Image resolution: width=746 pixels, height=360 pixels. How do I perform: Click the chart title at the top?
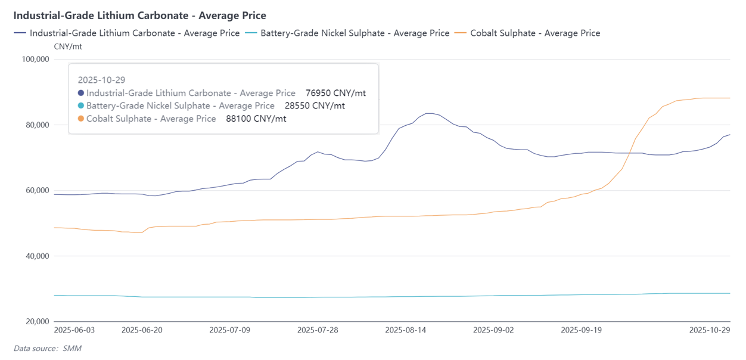click(139, 15)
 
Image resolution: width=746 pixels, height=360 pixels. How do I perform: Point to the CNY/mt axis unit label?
click(68, 46)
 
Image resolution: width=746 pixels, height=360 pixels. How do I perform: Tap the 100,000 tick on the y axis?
click(35, 60)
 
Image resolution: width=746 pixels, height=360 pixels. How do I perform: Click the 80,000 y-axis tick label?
click(36, 125)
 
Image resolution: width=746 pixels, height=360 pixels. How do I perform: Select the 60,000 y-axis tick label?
click(36, 191)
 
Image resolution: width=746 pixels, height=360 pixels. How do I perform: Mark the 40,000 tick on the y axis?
click(36, 256)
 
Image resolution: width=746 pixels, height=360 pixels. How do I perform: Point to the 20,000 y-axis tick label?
click(36, 322)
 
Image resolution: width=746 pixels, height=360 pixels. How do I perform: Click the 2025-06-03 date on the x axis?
click(74, 330)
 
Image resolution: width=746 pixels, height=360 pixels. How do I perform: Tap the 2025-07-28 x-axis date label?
click(318, 330)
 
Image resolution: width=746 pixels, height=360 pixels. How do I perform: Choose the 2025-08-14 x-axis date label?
click(406, 330)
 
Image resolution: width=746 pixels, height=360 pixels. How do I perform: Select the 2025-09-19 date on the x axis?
click(582, 330)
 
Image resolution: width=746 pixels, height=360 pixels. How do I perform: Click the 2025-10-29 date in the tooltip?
click(101, 80)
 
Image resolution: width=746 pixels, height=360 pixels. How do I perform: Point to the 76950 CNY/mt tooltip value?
click(335, 93)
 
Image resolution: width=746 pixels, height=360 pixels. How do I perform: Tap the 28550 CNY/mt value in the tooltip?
click(315, 106)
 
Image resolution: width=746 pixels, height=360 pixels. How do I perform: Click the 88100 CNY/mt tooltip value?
click(256, 119)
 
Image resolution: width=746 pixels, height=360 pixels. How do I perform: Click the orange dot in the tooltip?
click(81, 119)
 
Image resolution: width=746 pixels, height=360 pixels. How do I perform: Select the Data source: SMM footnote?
click(47, 349)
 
